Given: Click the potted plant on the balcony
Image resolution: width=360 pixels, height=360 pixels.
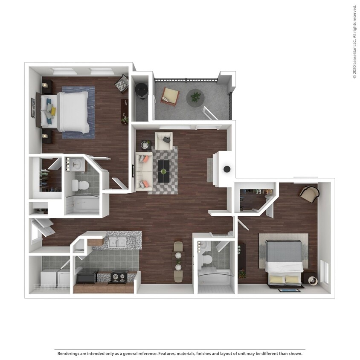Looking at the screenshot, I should pyautogui.click(x=195, y=97).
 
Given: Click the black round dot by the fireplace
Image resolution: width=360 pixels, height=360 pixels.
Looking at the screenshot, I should pyautogui.click(x=227, y=169).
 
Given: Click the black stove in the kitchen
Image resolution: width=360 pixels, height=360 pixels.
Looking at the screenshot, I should pyautogui.click(x=118, y=276).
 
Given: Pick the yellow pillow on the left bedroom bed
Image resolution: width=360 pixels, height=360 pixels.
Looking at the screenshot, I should pyautogui.click(x=53, y=111).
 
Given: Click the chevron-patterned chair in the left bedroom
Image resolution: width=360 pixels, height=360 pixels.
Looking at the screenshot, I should pyautogui.click(x=122, y=83).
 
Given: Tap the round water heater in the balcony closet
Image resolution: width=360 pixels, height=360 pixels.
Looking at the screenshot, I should pyautogui.click(x=142, y=89).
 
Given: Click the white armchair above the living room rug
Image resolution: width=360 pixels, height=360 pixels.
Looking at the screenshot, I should pyautogui.click(x=163, y=140).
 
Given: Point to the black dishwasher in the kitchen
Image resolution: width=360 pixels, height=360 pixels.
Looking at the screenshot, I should pyautogui.click(x=87, y=277).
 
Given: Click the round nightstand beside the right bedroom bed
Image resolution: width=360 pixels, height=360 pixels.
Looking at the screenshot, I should pyautogui.click(x=311, y=280).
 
